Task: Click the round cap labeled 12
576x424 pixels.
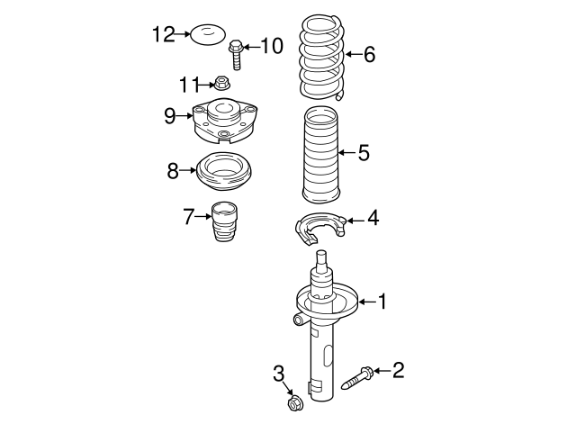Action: (x=206, y=36)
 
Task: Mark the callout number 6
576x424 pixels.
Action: (x=368, y=55)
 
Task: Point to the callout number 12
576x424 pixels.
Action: (x=163, y=34)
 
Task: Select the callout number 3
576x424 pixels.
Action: (x=278, y=374)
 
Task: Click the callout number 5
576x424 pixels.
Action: (x=363, y=153)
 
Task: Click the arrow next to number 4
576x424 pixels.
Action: (x=351, y=219)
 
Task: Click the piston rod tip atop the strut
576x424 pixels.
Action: (x=321, y=259)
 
